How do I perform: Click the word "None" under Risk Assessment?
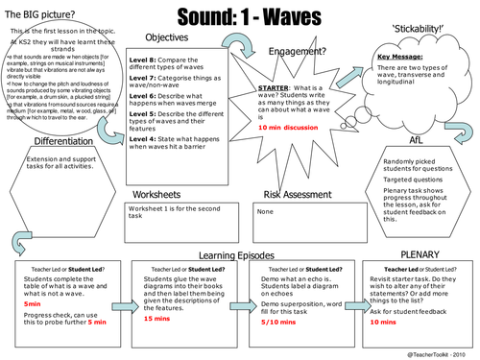click(x=266, y=212)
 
